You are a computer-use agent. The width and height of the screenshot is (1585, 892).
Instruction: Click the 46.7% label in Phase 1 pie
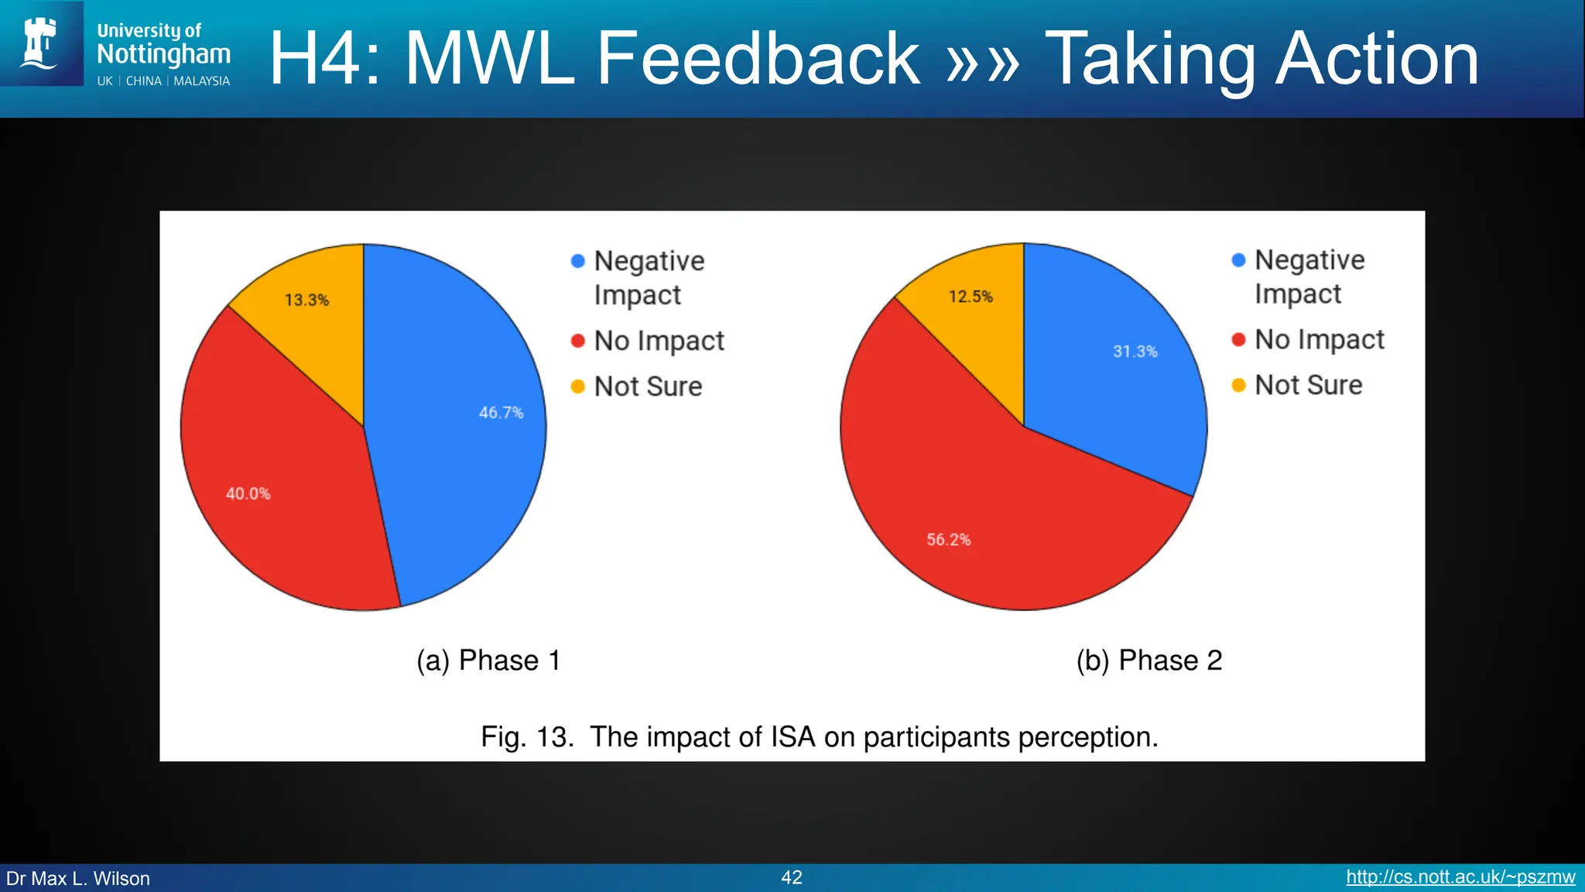point(501,413)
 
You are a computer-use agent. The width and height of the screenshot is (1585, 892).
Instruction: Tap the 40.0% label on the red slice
point(248,494)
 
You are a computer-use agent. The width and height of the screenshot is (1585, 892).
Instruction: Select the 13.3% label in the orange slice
point(306,300)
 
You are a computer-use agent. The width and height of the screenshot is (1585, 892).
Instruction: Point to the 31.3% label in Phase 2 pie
point(1135,352)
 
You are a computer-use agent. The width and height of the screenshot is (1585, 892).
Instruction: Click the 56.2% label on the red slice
point(948,540)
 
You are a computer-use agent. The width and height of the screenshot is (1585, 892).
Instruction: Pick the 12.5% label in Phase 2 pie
point(971,297)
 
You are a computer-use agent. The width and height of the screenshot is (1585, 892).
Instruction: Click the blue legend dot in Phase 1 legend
point(577,262)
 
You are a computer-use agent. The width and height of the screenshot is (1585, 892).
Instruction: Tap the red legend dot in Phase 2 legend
point(1238,340)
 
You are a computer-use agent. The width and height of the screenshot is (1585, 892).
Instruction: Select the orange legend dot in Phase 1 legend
point(577,386)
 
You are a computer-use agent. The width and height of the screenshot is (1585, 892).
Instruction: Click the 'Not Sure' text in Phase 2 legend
point(1308,385)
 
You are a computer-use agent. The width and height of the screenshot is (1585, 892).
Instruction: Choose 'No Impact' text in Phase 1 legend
point(659,341)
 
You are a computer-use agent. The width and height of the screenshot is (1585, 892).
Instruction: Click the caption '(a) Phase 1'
point(488,660)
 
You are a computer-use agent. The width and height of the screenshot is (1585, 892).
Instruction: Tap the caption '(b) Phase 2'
point(1149,660)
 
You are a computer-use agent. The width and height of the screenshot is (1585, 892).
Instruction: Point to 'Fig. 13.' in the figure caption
point(527,737)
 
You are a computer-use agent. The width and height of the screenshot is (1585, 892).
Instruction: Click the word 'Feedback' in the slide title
point(758,58)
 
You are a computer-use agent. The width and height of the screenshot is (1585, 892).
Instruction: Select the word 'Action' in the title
point(1377,58)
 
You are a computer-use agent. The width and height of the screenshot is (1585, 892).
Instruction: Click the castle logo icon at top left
point(41,43)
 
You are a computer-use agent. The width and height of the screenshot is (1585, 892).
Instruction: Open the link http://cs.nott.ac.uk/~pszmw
point(1460,877)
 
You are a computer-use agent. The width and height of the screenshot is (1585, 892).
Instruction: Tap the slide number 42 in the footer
point(792,877)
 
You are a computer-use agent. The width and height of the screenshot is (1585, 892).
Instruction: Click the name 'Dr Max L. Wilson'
point(78,879)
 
